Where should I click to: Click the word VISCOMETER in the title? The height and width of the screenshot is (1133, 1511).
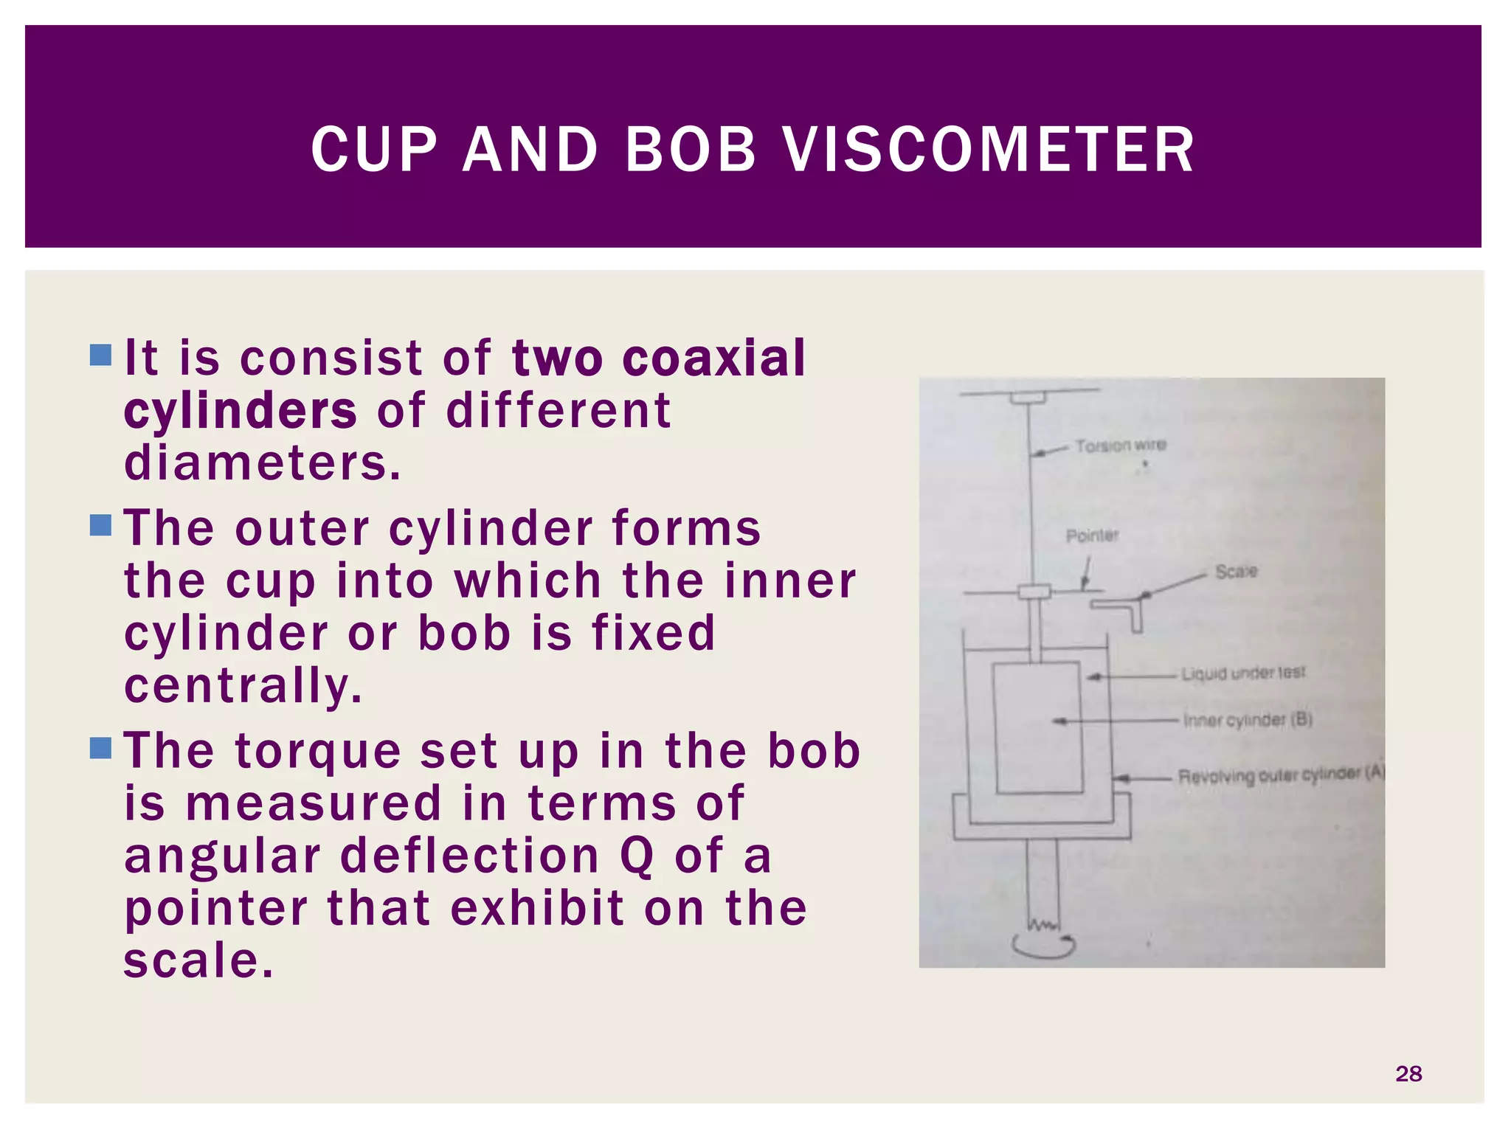989,150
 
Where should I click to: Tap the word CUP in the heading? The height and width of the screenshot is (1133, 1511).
374,150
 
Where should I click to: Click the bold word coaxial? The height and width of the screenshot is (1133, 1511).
713,358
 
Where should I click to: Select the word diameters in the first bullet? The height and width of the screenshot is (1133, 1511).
262,463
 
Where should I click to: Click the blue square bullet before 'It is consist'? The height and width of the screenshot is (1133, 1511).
100,356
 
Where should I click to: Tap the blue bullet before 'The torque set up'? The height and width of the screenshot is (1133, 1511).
100,748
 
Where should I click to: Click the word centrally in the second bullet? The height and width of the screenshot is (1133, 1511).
243,686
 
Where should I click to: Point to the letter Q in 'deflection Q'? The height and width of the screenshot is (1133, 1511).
637,857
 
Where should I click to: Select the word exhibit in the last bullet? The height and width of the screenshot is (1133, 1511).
537,908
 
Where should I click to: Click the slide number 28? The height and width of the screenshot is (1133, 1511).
1408,1073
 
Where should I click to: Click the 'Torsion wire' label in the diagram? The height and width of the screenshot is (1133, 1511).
1120,446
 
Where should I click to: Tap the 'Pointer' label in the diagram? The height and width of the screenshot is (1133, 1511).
1092,536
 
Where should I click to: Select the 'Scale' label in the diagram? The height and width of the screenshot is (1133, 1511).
1236,572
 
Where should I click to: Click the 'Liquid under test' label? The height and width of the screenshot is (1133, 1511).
1242,673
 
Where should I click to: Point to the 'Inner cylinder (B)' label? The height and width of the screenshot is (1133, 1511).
1247,720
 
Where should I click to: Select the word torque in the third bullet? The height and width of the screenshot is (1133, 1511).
318,752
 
